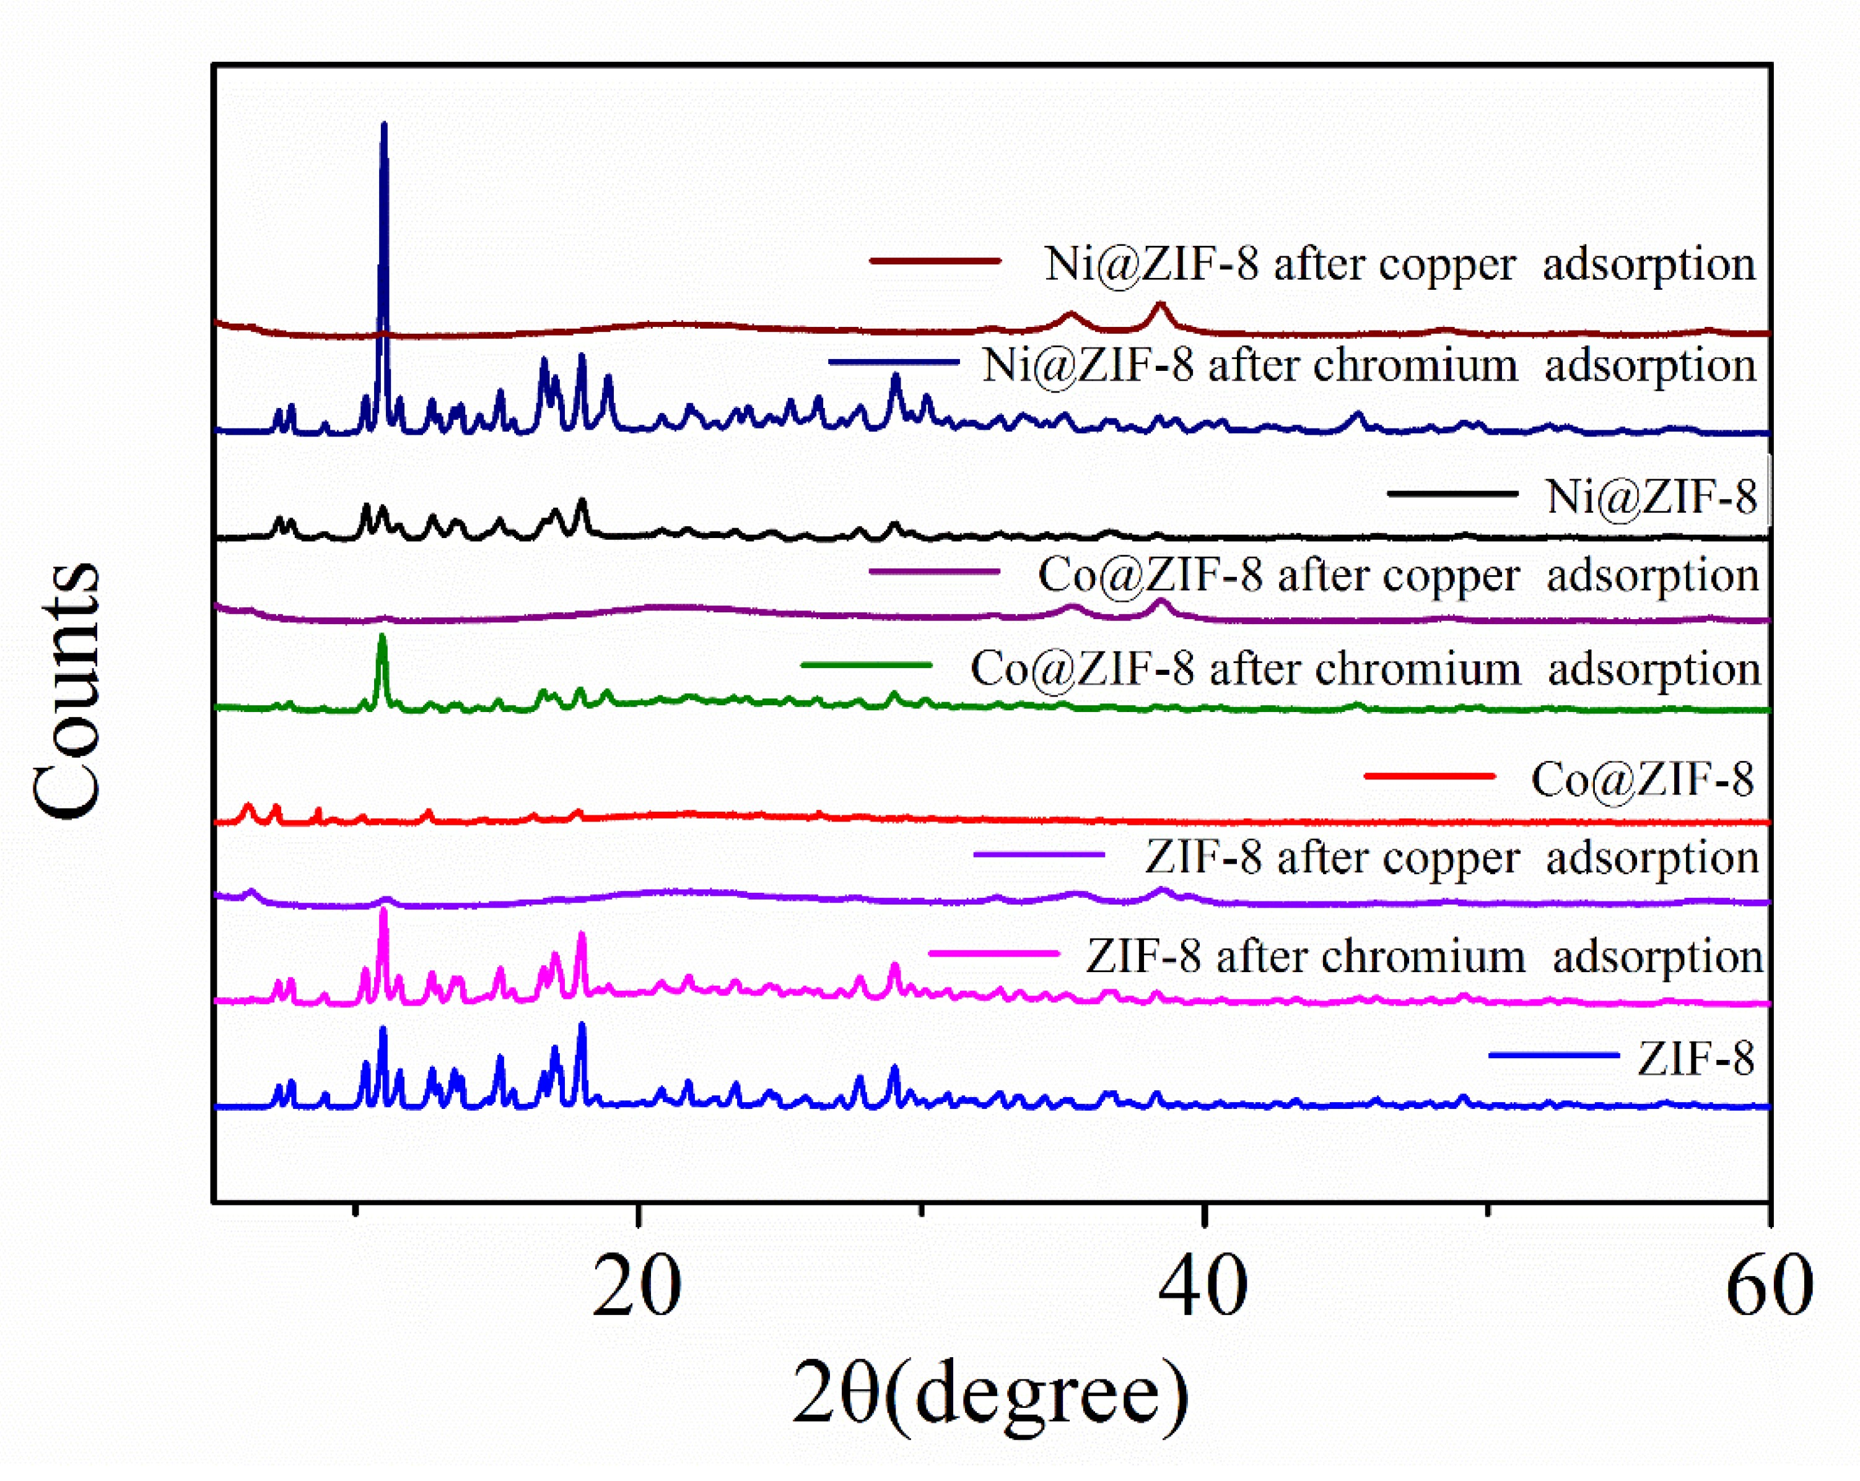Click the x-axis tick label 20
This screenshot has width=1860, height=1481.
pos(637,1287)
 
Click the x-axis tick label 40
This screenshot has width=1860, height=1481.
pos(1203,1287)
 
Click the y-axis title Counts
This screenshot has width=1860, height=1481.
pos(68,690)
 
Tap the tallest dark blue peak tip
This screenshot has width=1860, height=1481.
pos(384,126)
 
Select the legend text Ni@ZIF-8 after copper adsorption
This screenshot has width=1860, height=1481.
pos(1399,264)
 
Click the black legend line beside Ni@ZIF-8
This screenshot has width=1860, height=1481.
pos(1452,493)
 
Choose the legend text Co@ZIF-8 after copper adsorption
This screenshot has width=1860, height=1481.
pos(1397,575)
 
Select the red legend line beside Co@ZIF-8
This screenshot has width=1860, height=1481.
pos(1430,775)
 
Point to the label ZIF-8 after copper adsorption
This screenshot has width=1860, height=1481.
pos(1451,858)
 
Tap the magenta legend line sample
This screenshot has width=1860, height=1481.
pos(994,953)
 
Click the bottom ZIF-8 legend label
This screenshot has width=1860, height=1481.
pos(1695,1059)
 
